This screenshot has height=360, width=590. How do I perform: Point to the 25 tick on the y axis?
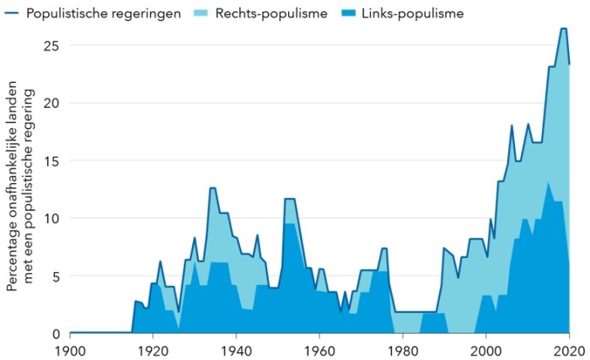51,45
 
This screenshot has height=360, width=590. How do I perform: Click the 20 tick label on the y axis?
51,103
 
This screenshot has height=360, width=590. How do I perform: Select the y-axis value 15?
51,160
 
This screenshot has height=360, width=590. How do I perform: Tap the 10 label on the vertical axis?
51,218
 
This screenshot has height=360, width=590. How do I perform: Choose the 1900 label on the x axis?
69,349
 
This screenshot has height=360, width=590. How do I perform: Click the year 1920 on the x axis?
153,349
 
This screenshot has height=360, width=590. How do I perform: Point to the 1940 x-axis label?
236,349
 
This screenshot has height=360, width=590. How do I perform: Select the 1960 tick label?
319,349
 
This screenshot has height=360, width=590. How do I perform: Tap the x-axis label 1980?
403,349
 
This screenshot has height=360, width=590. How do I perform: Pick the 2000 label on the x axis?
486,349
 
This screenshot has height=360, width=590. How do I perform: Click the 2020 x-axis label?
569,349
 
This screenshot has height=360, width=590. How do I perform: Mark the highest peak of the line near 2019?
563,29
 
